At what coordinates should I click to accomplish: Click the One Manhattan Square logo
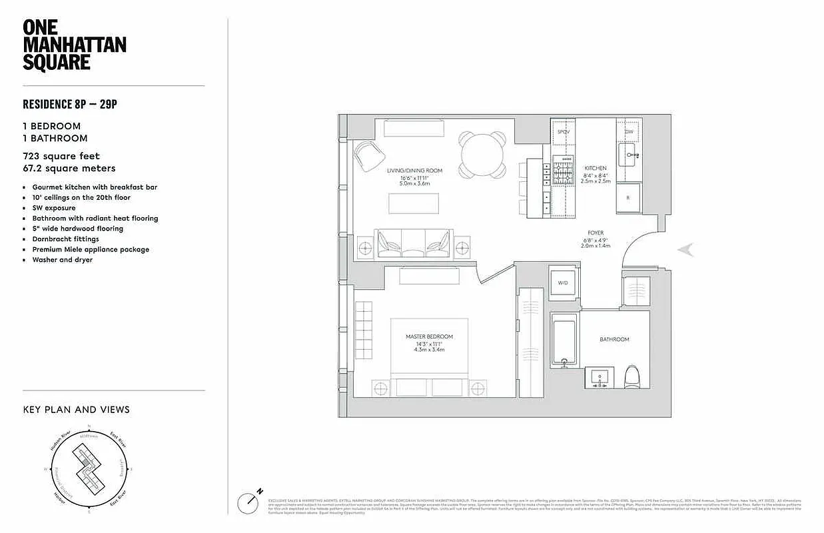click(74, 45)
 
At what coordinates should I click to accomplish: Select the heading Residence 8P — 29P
click(71, 104)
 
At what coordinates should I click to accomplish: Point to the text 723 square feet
click(61, 157)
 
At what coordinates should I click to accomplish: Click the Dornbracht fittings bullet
click(65, 239)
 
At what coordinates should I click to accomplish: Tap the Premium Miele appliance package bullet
click(91, 249)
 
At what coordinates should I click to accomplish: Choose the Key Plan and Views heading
click(76, 410)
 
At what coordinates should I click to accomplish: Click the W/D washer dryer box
click(563, 283)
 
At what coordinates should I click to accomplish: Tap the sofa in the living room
click(413, 244)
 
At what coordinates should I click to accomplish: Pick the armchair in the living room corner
click(369, 157)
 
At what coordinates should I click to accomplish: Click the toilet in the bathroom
click(631, 378)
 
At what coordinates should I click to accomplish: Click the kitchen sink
click(628, 157)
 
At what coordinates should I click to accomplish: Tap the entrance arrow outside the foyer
click(686, 250)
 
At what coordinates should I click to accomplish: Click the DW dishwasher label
click(628, 132)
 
